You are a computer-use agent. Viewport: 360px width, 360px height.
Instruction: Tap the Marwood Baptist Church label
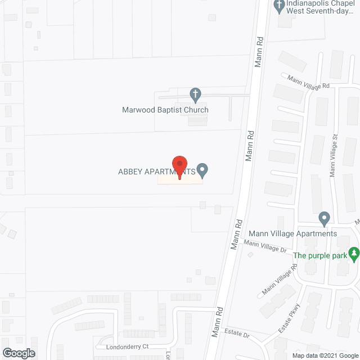click(x=165, y=110)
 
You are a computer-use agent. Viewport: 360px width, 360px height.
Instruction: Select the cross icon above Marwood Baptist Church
click(x=195, y=94)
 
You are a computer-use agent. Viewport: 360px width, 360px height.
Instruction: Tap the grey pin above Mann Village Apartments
click(x=323, y=218)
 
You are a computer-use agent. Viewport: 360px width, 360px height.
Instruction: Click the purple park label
click(x=319, y=255)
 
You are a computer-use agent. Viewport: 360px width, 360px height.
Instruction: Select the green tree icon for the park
click(x=353, y=254)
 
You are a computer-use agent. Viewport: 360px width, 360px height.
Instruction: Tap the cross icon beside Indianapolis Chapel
click(x=278, y=6)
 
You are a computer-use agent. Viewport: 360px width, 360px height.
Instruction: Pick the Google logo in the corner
click(x=18, y=353)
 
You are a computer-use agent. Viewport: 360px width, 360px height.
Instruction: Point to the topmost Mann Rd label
click(x=260, y=50)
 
